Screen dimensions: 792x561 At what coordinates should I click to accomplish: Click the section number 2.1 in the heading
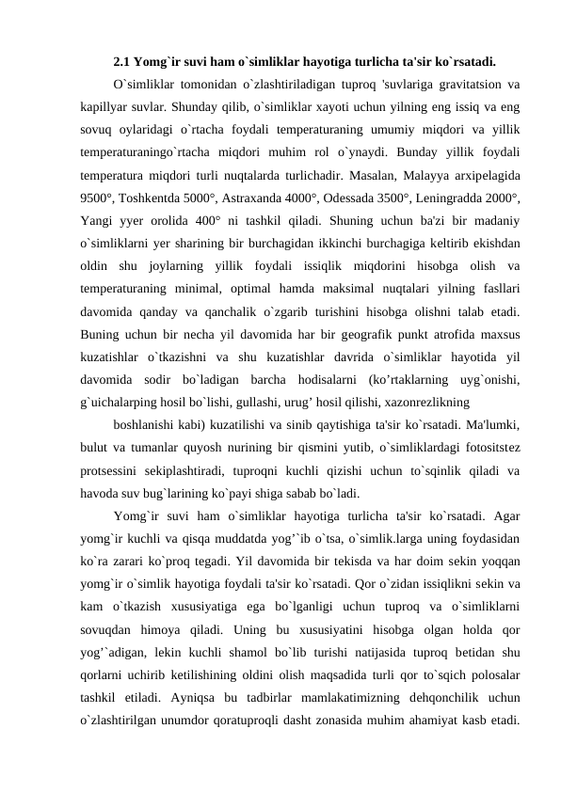[121, 64]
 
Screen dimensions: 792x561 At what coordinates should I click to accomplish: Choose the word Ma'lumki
[489, 425]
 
